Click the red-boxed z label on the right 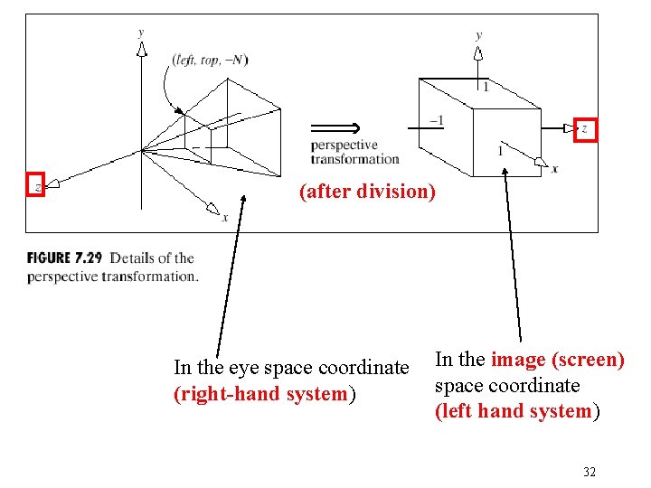pos(586,130)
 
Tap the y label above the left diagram pos(140,32)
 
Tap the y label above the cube pos(478,35)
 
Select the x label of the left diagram pos(225,217)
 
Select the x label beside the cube pos(554,169)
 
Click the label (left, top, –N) pos(210,60)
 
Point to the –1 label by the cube pos(435,121)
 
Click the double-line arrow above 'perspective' pos(335,127)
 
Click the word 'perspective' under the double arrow pos(344,145)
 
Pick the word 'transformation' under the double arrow pos(354,159)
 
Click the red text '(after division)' pos(367,192)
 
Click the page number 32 pos(590,472)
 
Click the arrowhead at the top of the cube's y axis pos(478,52)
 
